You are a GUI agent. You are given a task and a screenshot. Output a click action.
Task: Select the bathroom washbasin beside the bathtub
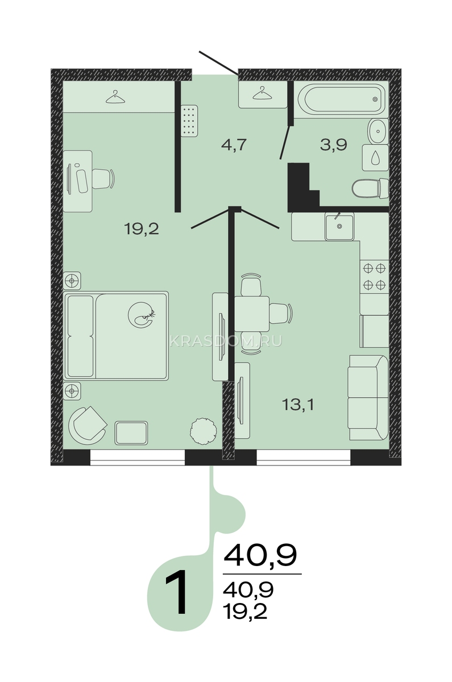[x=378, y=131]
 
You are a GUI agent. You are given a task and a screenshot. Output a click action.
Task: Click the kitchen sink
[x=339, y=227]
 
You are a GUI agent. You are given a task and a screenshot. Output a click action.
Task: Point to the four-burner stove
[x=374, y=276]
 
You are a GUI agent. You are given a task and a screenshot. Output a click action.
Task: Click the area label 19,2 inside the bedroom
[x=142, y=228]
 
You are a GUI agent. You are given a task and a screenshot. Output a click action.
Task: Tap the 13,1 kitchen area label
[x=298, y=405]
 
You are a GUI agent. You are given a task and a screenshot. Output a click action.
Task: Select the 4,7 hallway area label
[x=234, y=144]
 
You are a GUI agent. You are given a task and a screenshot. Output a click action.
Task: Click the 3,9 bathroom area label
[x=334, y=144]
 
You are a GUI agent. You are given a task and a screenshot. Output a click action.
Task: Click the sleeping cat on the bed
[x=142, y=314]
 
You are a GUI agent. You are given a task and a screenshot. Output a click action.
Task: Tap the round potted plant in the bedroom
[x=204, y=431]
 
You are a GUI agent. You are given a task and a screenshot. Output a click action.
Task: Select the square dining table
[x=251, y=314]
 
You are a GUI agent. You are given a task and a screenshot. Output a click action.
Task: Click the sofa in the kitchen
[x=368, y=397]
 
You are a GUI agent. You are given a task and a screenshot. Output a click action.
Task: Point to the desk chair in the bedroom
[x=103, y=178]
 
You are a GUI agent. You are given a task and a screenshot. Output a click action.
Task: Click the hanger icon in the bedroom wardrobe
[x=115, y=97]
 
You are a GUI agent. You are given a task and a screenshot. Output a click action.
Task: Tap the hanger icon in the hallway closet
[x=263, y=93]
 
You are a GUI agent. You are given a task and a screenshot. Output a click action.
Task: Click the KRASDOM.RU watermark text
[x=226, y=342]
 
